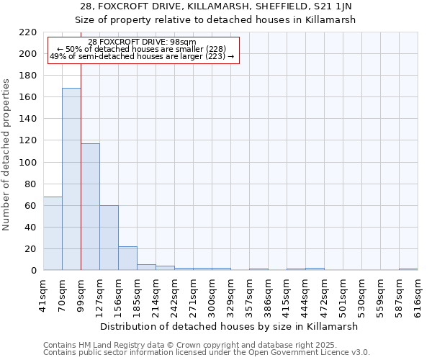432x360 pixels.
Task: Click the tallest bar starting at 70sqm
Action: point(71,179)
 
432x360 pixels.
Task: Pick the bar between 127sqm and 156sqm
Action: point(109,238)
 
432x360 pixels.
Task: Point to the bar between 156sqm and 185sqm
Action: point(127,258)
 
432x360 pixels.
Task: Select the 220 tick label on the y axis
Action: point(28,32)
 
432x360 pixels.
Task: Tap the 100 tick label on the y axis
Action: point(28,163)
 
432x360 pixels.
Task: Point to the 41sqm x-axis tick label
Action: point(44,293)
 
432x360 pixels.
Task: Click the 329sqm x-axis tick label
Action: point(230,293)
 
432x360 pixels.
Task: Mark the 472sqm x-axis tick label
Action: point(324,293)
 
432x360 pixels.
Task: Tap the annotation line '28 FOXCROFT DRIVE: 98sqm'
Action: point(142,42)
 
